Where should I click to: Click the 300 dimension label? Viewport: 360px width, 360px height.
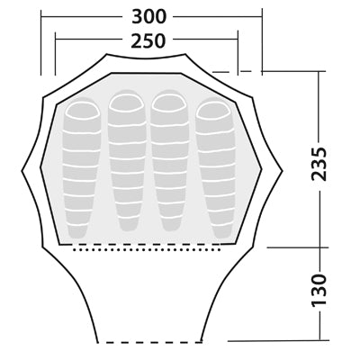click(x=148, y=16)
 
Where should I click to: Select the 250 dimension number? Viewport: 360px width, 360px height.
click(x=148, y=40)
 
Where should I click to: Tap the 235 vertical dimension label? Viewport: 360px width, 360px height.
click(x=319, y=164)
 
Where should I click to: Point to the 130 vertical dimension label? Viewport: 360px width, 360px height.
click(x=319, y=290)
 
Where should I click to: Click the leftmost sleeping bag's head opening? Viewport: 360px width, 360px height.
click(x=83, y=111)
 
